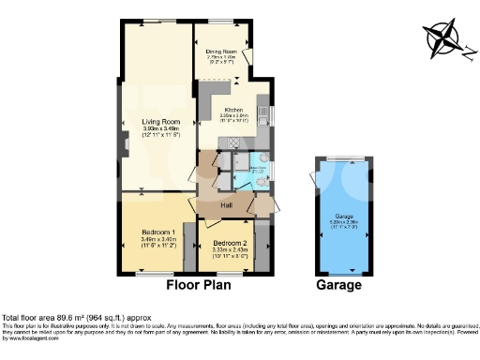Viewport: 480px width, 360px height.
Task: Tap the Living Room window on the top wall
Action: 156,22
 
